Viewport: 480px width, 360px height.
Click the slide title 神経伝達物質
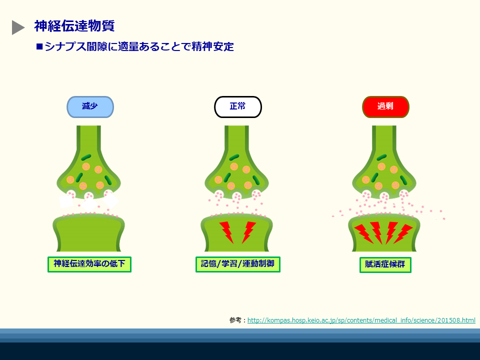[74, 26]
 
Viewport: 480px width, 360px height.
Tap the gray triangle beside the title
[18, 27]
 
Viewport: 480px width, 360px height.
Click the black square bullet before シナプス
[39, 46]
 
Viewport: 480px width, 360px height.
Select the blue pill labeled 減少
[90, 107]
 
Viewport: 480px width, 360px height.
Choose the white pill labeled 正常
[238, 107]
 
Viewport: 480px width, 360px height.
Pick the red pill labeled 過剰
[385, 107]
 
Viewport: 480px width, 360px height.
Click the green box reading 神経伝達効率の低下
[89, 264]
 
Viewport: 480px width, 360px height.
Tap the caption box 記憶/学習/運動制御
[238, 264]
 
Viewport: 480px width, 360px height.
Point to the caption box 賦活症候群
[385, 265]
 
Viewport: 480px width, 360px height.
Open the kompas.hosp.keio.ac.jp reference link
[361, 320]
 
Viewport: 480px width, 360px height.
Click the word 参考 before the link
[235, 320]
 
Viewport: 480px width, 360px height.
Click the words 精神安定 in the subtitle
[213, 46]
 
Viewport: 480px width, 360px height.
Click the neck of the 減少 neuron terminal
[89, 138]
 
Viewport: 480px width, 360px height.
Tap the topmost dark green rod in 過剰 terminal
[381, 157]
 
